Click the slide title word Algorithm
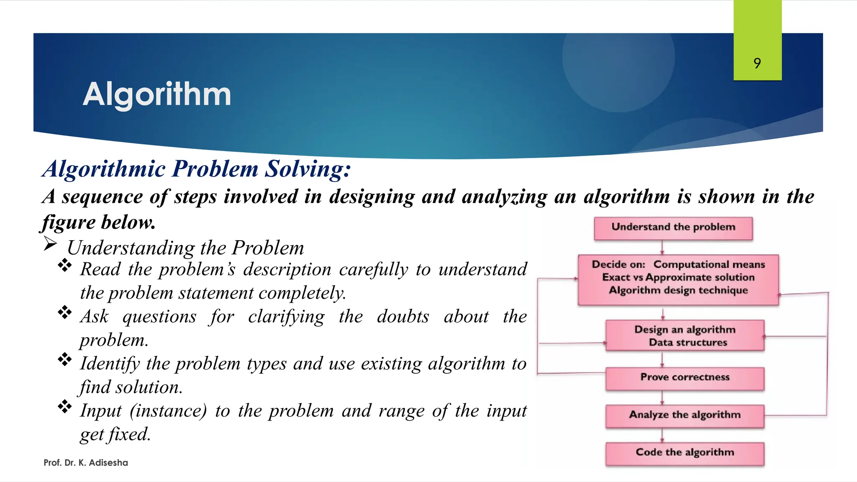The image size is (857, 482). coord(157,95)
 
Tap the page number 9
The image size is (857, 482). coord(757,63)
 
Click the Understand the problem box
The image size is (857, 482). coord(673,228)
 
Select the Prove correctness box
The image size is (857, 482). coord(685,378)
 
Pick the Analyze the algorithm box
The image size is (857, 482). coord(685,415)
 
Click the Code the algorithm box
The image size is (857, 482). coord(685,453)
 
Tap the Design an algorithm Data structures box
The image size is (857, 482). coord(685,336)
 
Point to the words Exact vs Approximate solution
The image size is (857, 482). coord(678,277)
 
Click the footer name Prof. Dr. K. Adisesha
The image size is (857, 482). coord(86,463)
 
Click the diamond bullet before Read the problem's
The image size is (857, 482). coord(65,265)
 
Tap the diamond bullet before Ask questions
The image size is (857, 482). coord(65,312)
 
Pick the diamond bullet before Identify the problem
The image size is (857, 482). coord(65,359)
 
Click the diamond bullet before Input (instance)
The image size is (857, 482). coord(65,406)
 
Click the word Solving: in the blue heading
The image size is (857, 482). coord(308,169)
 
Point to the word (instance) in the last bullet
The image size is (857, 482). coord(168,411)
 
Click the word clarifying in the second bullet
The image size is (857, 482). coord(286,317)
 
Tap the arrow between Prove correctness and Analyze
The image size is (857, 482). coord(662,397)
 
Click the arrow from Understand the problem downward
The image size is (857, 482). coord(662,247)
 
